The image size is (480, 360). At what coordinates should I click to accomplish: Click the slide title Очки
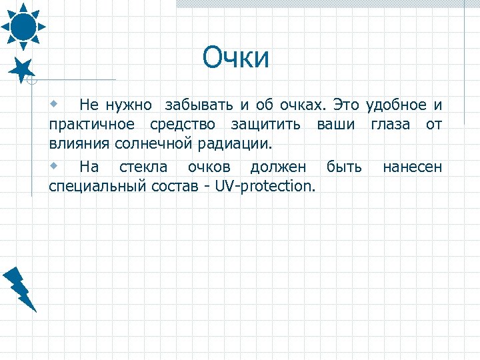tap(237, 58)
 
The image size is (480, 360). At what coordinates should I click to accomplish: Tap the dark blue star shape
tap(23, 69)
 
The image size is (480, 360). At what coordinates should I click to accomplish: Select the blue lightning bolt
tap(19, 289)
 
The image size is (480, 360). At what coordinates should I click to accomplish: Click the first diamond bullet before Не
tap(55, 104)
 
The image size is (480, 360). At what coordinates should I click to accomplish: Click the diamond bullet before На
tap(55, 165)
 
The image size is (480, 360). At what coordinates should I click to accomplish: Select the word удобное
tap(396, 105)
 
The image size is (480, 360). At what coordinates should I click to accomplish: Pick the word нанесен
tap(411, 166)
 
